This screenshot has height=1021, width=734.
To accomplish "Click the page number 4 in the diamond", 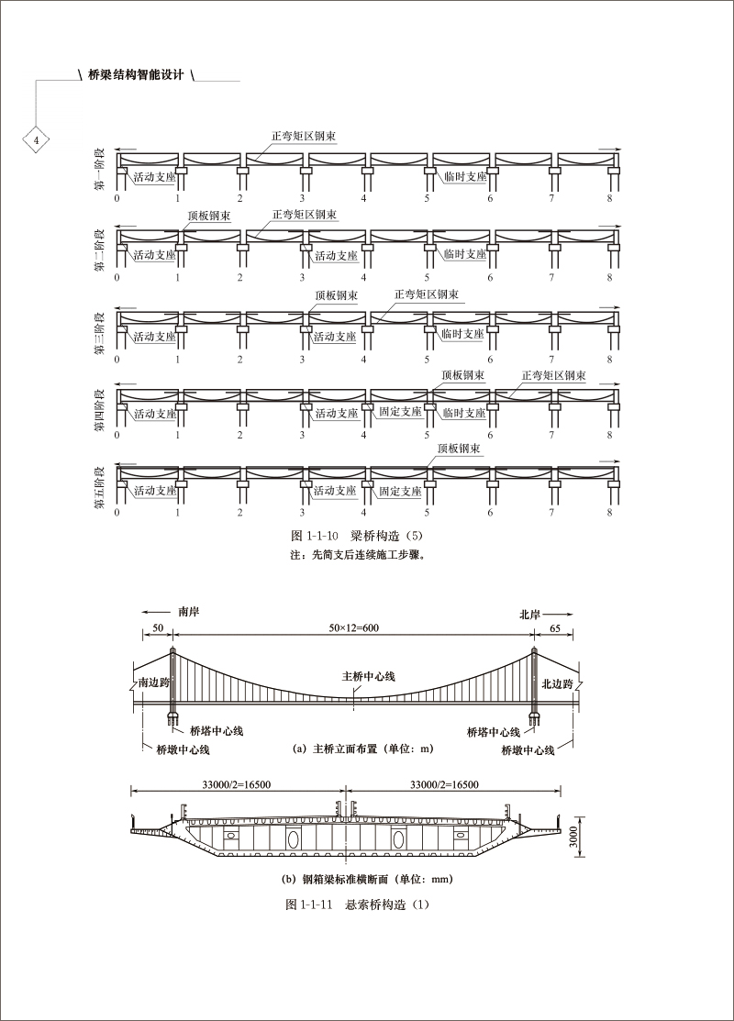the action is [x=37, y=140].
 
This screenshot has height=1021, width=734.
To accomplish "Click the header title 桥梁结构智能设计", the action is [x=135, y=74].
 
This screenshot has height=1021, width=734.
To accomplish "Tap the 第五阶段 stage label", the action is [x=100, y=486].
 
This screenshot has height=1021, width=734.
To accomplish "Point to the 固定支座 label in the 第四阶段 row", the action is [x=400, y=412].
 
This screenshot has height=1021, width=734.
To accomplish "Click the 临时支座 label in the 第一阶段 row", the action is [x=465, y=176].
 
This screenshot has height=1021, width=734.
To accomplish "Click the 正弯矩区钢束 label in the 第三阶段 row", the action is [x=427, y=294].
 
